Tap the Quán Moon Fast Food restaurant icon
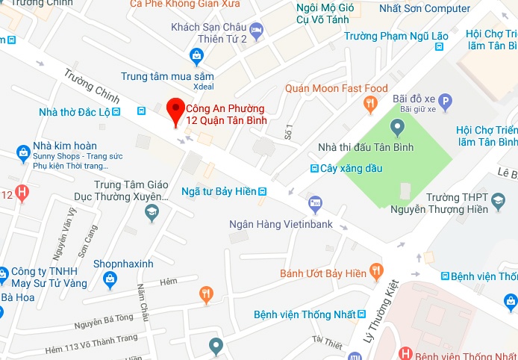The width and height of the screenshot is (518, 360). coord(369,102)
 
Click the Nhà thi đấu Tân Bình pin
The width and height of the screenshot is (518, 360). coord(396,128)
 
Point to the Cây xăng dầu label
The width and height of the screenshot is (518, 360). coord(351,169)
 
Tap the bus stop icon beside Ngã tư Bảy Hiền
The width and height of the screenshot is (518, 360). coord(262,192)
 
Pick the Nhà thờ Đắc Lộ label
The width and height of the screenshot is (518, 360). coord(84,112)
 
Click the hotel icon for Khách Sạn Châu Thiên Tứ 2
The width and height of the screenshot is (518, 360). coord(257,31)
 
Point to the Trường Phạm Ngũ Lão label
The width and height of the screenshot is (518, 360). coord(391,35)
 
